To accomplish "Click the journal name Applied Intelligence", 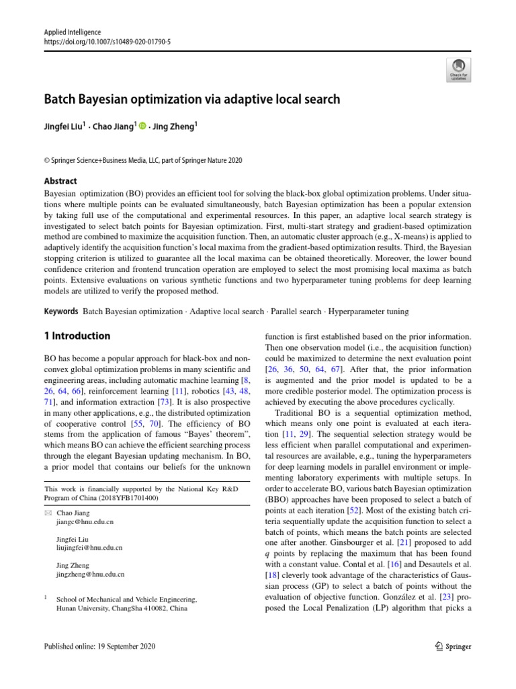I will click(72, 32).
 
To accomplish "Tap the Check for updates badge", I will click(458, 69).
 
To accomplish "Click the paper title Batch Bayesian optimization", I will click(191, 99).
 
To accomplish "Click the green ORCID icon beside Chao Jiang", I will click(142, 124).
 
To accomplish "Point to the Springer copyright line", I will click(142, 160).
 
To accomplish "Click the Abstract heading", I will click(60, 181).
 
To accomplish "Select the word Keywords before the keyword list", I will click(60, 312).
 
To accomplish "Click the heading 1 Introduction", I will click(77, 336).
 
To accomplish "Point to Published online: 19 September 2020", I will click(99, 647).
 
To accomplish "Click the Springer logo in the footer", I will click(451, 647).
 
